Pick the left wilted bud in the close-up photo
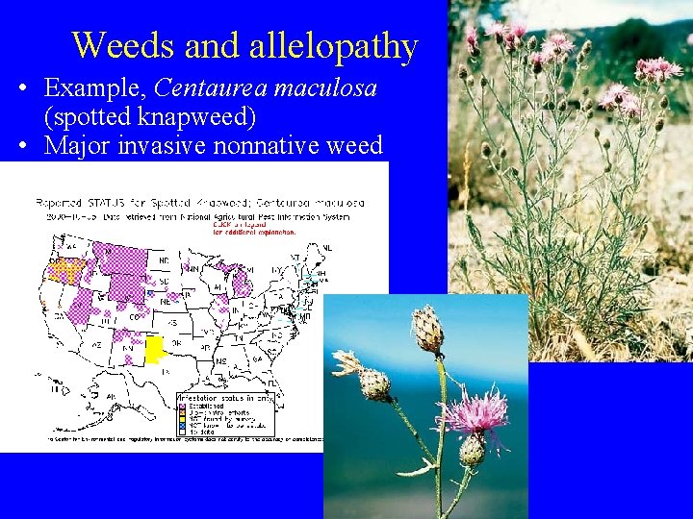tap(371, 381)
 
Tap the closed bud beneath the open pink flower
tap(472, 450)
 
